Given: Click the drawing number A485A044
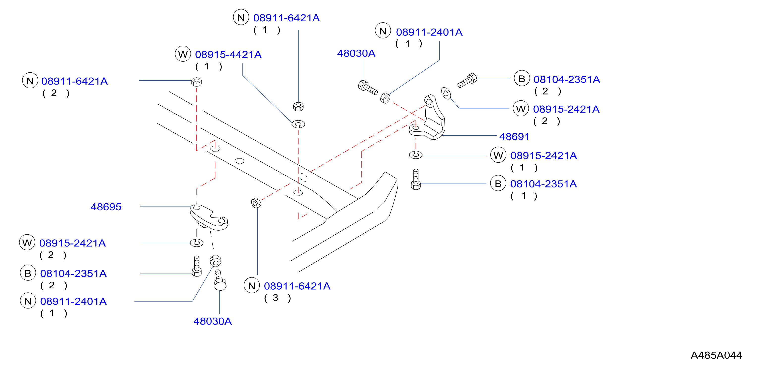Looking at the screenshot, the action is [x=716, y=355].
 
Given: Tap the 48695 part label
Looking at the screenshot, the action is [x=106, y=207].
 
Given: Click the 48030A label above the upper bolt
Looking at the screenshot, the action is [x=356, y=53].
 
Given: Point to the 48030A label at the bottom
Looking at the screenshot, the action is [x=213, y=321].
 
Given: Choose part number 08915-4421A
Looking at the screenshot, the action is [x=228, y=55].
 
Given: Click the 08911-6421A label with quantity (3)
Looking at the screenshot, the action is [x=297, y=286].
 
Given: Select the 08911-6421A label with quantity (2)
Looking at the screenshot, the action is [x=74, y=81].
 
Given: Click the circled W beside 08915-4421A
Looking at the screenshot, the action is [x=183, y=54].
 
